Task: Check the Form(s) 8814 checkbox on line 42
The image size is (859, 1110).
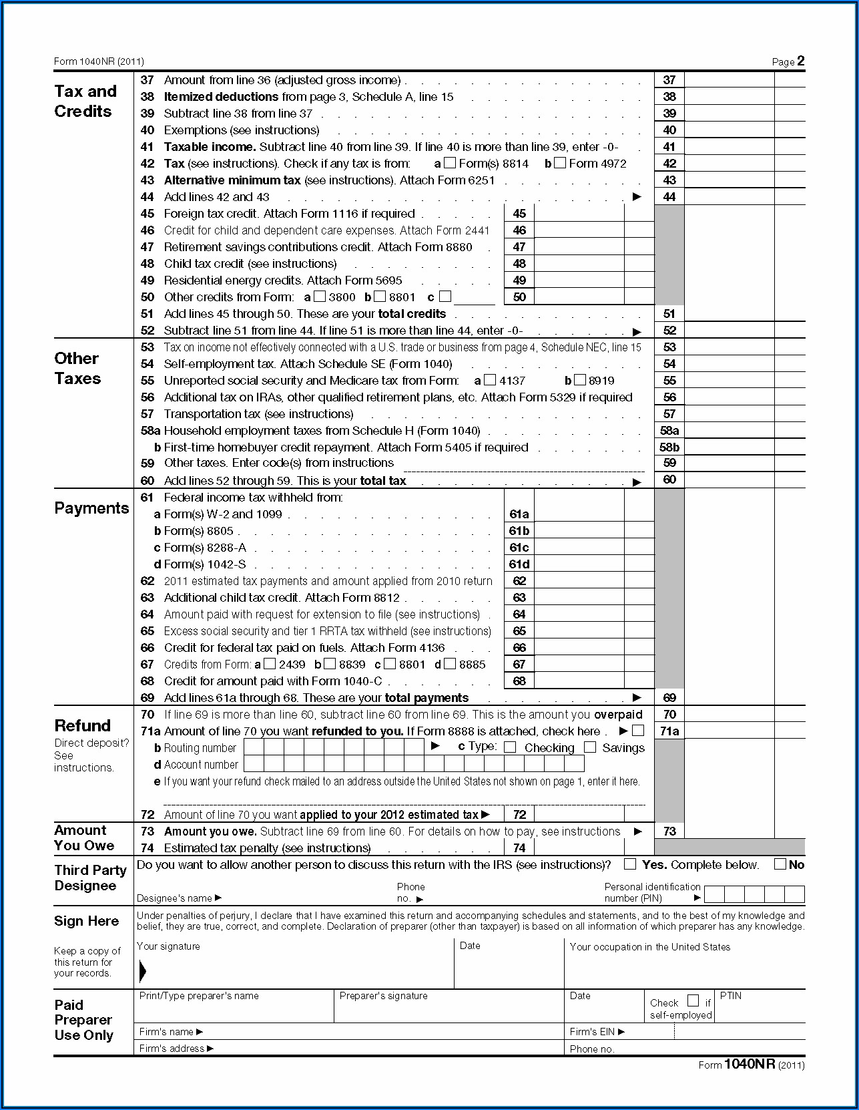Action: [451, 163]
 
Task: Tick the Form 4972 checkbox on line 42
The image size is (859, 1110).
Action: [560, 163]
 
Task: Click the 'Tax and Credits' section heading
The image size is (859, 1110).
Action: [85, 101]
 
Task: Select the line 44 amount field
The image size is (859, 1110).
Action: [729, 197]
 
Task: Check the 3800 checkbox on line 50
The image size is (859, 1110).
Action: [320, 297]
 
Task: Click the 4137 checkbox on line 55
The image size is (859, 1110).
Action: [491, 380]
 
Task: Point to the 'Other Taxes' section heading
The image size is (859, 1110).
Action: [77, 368]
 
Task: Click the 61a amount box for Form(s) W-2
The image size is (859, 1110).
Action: [579, 514]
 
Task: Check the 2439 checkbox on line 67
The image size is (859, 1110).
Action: [270, 664]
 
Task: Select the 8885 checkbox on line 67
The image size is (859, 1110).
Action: [450, 664]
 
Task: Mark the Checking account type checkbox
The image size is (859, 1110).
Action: [510, 747]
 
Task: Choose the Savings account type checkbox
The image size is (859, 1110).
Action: [590, 747]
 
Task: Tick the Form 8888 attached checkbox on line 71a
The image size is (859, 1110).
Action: [638, 731]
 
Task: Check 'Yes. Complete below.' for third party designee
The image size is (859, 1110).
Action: [629, 864]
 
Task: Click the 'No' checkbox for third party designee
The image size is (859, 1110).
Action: [780, 864]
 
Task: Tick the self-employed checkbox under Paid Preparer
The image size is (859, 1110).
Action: [693, 1000]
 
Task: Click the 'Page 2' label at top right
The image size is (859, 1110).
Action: [788, 61]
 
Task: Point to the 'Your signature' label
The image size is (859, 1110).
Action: [168, 946]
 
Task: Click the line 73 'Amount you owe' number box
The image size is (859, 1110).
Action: [669, 831]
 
